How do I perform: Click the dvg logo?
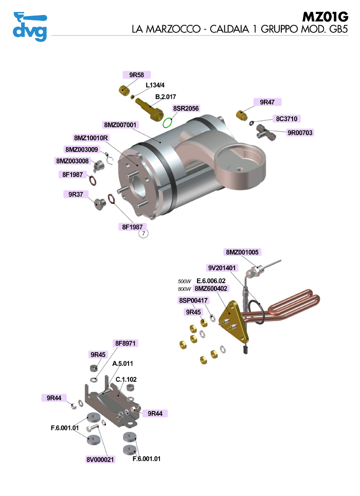[29, 26]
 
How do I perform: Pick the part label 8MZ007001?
[120, 125]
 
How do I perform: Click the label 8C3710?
[287, 119]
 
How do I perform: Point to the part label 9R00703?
[300, 133]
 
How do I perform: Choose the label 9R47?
[267, 102]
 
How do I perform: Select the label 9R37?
[76, 194]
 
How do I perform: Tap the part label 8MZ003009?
[81, 149]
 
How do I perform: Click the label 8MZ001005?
[242, 252]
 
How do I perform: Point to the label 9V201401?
[222, 268]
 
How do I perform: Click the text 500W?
[184, 282]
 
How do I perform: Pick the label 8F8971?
[127, 343]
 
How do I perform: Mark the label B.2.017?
[166, 97]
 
